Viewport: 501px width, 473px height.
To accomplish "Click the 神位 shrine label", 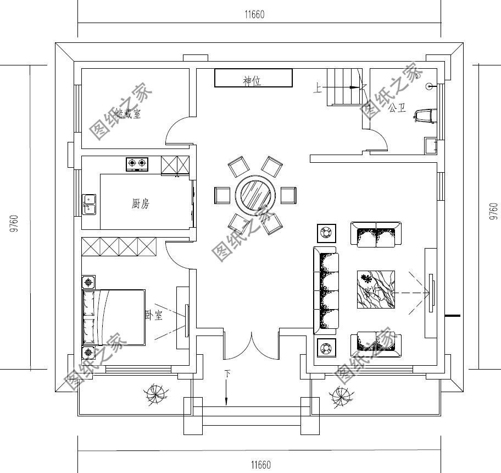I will point(252,81).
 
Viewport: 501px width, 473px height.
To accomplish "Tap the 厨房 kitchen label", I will point(140,205).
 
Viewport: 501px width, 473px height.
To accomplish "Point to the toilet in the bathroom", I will point(426,116).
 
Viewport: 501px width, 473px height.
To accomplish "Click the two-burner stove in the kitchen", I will point(137,163).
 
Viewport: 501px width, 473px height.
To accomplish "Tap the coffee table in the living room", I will point(376,289).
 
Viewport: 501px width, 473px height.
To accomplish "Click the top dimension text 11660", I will point(254,15).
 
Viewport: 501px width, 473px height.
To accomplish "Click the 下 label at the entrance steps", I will point(227,375).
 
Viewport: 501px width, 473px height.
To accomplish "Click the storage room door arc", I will point(177,132).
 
